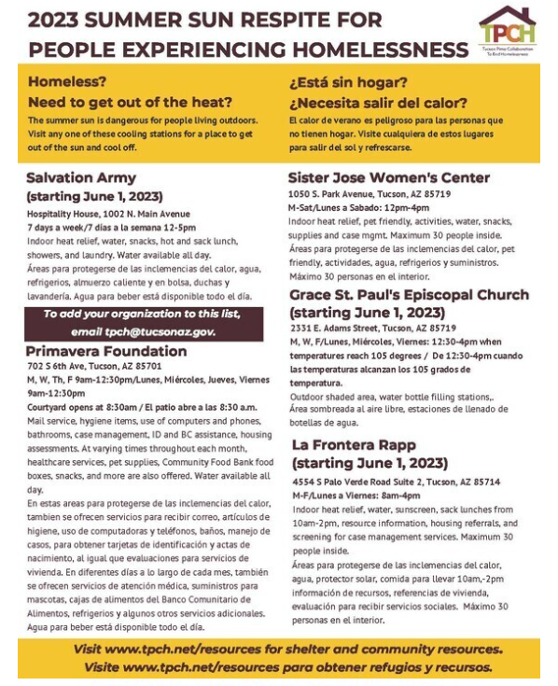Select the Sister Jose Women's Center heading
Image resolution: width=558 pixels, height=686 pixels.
[x=388, y=177]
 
